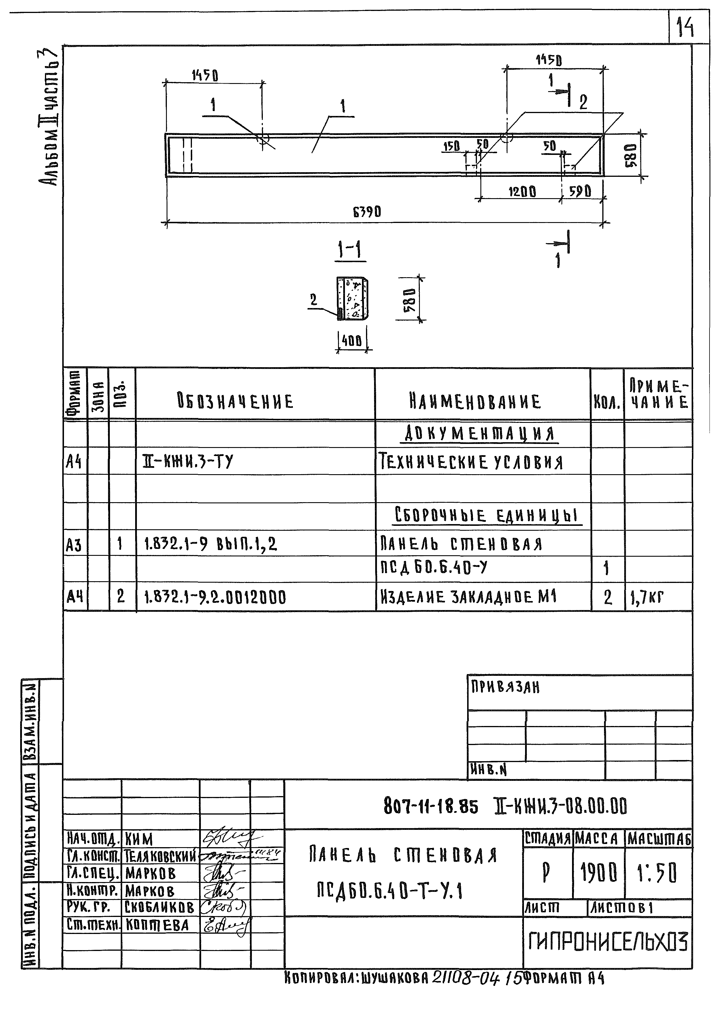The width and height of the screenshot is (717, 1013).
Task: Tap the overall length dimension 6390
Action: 367,213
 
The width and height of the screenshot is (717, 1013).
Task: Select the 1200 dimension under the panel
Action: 522,192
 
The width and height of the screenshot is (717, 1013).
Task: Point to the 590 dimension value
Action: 580,191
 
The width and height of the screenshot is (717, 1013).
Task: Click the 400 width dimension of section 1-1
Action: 352,341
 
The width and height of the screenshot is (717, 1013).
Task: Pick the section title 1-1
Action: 350,251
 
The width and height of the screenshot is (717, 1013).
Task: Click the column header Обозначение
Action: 235,402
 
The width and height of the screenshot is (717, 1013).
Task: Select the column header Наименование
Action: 475,402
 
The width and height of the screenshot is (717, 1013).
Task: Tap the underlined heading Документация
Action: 480,434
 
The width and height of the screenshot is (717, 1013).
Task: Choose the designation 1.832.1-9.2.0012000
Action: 215,598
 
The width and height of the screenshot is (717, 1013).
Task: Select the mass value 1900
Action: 599,873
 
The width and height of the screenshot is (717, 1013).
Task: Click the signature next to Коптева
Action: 225,925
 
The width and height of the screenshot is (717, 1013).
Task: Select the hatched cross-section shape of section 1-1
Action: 352,298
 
